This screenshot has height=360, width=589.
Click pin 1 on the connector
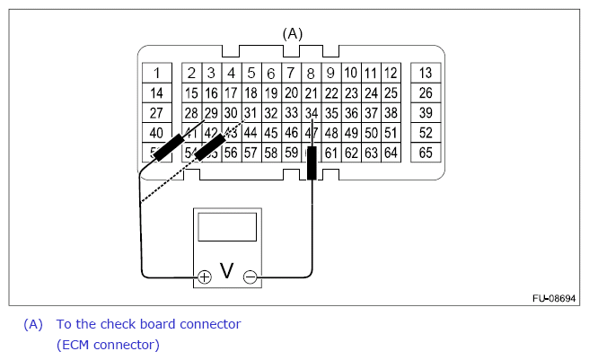click(x=156, y=73)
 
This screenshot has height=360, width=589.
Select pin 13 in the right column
click(x=426, y=73)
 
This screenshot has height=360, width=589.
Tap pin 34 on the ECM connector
click(x=311, y=113)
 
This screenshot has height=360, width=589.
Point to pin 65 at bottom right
click(x=426, y=153)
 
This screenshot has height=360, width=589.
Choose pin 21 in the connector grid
click(x=311, y=92)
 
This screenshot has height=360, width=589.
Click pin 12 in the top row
click(x=391, y=73)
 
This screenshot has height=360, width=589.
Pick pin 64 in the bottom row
click(x=391, y=153)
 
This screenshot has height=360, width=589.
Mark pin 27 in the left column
click(x=156, y=113)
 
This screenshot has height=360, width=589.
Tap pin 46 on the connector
click(x=291, y=133)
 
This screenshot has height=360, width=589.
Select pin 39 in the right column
click(x=426, y=113)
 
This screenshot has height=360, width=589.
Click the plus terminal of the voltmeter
click(x=205, y=277)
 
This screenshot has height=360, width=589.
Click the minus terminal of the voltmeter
click(x=251, y=277)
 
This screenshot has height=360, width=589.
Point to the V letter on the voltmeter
click(x=228, y=271)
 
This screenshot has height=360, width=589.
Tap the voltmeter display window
click(x=228, y=227)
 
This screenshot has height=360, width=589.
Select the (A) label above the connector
click(x=293, y=33)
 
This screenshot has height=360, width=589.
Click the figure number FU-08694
click(x=555, y=296)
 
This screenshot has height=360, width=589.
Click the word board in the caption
click(x=153, y=323)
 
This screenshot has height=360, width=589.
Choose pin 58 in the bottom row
click(x=271, y=153)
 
